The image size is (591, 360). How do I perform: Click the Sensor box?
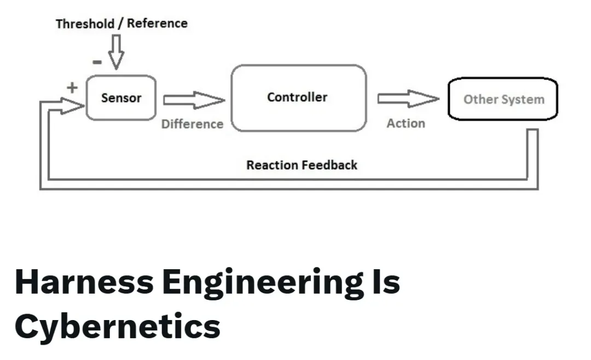click(x=121, y=98)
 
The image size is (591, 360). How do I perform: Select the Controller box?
click(x=298, y=98)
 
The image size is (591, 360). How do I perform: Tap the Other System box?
click(x=503, y=99)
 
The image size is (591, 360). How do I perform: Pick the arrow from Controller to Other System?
click(x=408, y=99)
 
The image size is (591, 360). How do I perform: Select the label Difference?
click(x=192, y=124)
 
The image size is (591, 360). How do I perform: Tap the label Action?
click(x=405, y=124)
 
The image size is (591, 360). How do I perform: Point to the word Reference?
click(x=157, y=24)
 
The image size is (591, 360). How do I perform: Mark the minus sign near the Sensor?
click(x=97, y=62)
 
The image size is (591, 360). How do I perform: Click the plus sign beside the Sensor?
click(x=72, y=87)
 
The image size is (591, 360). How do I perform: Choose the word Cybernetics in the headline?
click(x=117, y=327)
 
